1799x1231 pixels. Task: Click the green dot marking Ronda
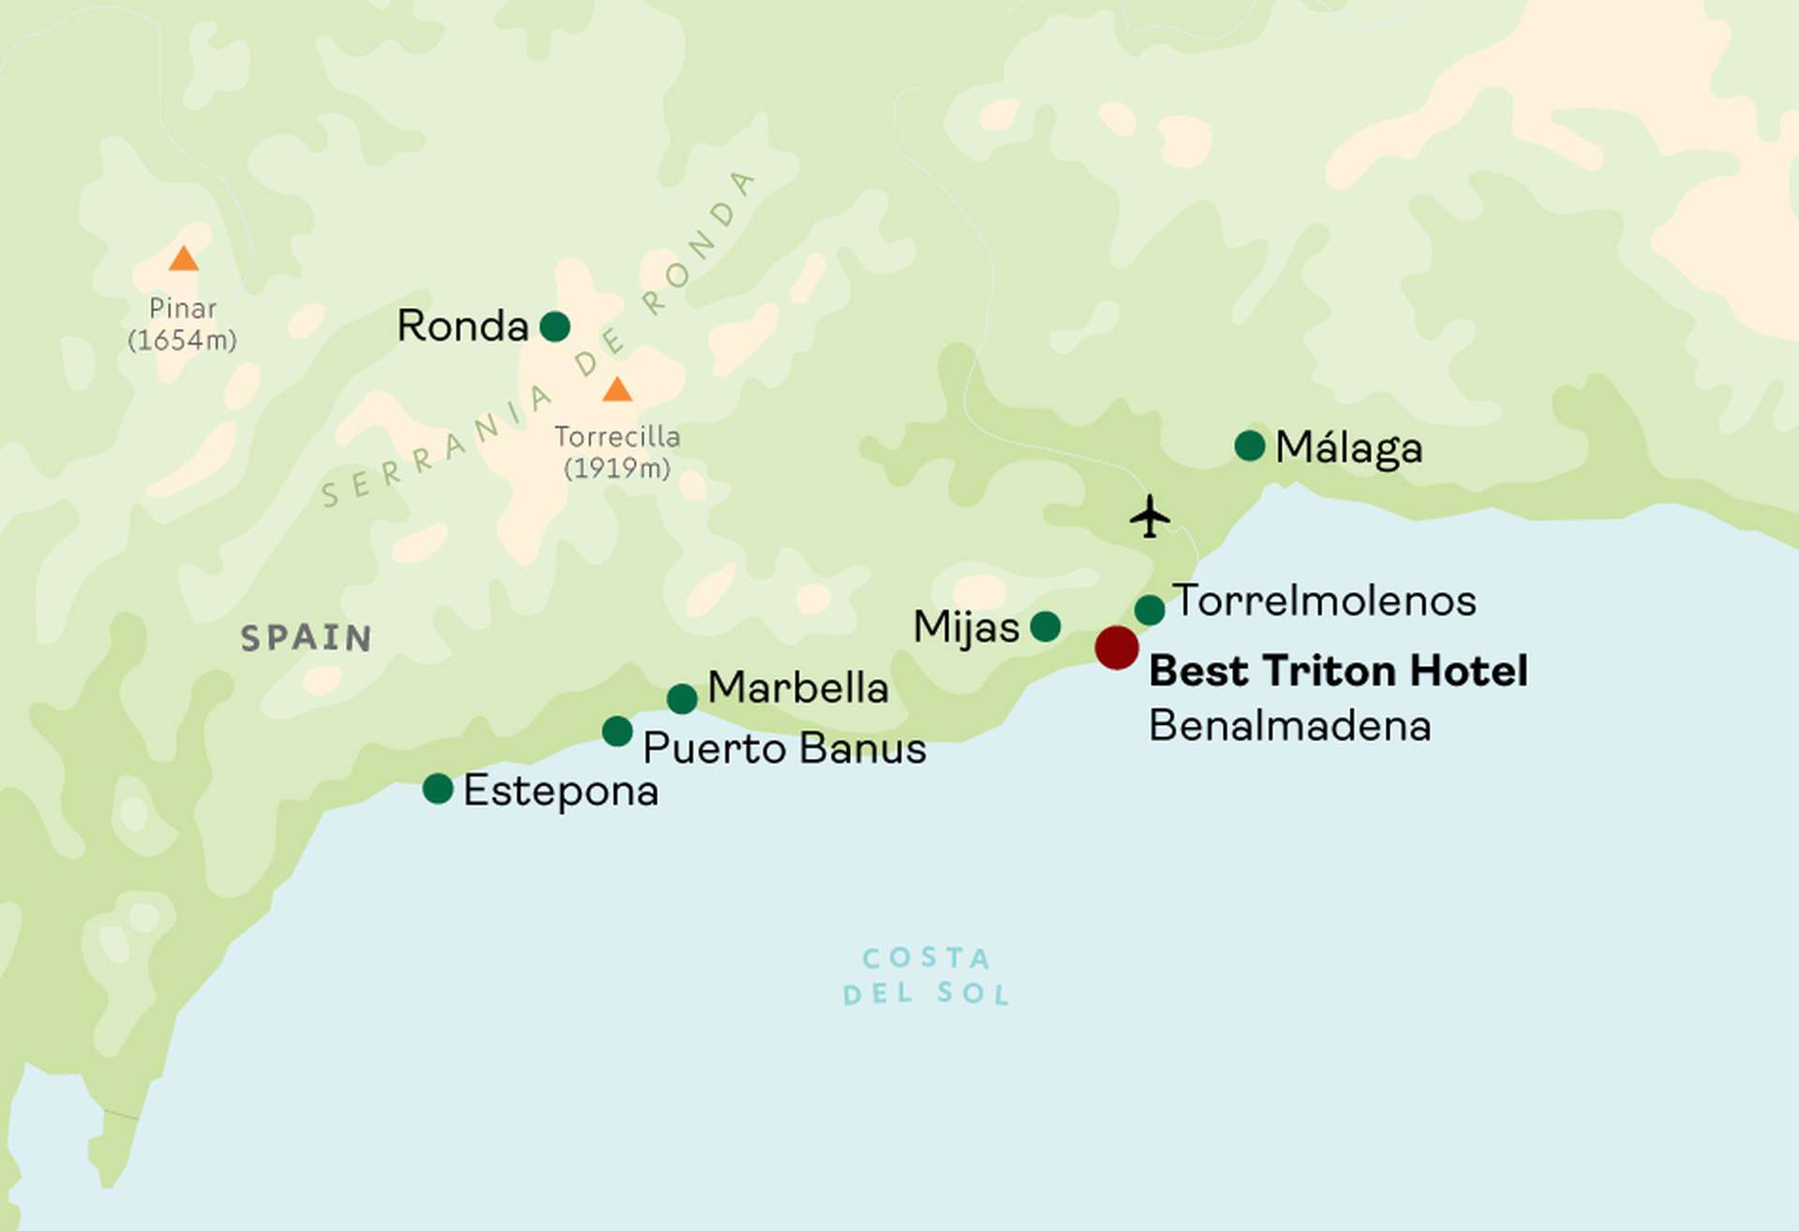pyautogui.click(x=555, y=326)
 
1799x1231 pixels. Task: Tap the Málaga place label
pyautogui.click(x=1348, y=448)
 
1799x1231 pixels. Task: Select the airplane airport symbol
pyautogui.click(x=1150, y=516)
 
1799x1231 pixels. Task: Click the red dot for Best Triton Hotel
pyautogui.click(x=1117, y=647)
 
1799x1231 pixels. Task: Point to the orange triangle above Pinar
pyautogui.click(x=184, y=260)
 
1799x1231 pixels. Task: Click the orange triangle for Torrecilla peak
pyautogui.click(x=617, y=390)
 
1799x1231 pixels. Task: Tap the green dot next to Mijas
pyautogui.click(x=1046, y=626)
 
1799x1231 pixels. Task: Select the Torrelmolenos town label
pyautogui.click(x=1324, y=601)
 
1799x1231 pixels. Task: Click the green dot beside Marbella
pyautogui.click(x=682, y=698)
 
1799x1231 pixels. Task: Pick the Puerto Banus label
pyautogui.click(x=784, y=749)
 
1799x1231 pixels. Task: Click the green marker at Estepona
pyautogui.click(x=438, y=788)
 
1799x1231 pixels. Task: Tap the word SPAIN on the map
pyautogui.click(x=306, y=638)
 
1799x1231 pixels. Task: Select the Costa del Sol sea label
pyautogui.click(x=926, y=975)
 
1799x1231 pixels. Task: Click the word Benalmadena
pyautogui.click(x=1289, y=726)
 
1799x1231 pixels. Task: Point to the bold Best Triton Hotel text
pyautogui.click(x=1338, y=671)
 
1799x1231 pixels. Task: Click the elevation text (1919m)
pyautogui.click(x=617, y=467)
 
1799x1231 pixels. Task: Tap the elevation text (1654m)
pyautogui.click(x=183, y=340)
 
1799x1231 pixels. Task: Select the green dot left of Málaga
pyautogui.click(x=1250, y=446)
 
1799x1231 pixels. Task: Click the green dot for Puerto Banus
pyautogui.click(x=617, y=731)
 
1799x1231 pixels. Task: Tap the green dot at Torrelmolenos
pyautogui.click(x=1150, y=610)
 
